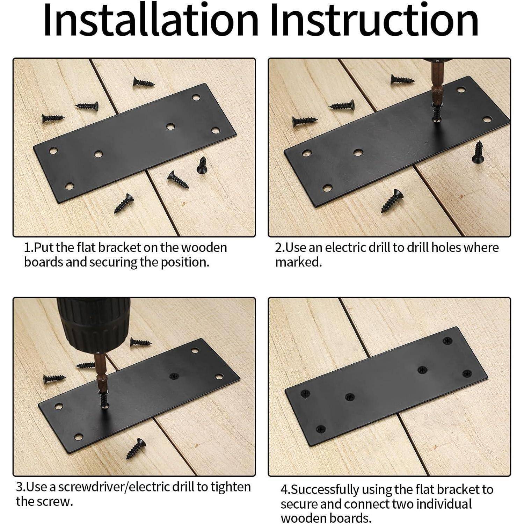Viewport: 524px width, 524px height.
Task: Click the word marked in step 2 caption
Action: coord(298,262)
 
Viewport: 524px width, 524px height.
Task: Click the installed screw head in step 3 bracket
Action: coord(174,376)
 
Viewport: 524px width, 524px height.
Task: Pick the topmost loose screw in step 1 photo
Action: coord(143,82)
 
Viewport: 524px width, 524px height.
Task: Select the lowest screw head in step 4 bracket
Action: coord(321,429)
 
